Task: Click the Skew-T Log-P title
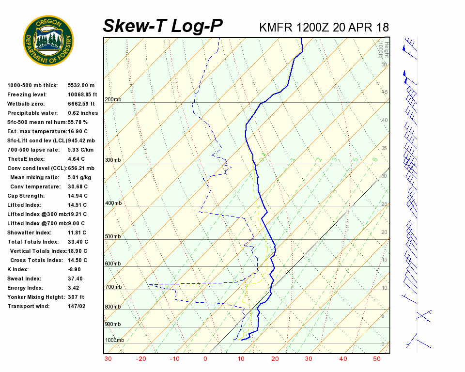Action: click(163, 26)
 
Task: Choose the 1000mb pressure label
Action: click(114, 340)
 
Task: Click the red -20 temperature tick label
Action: click(141, 359)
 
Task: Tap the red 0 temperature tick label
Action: click(205, 359)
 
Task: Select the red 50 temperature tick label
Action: click(376, 359)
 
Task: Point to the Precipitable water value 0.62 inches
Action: click(83, 113)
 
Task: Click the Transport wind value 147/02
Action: click(77, 306)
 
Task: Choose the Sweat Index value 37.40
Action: click(75, 279)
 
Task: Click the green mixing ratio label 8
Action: click(375, 159)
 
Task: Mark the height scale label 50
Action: click(384, 64)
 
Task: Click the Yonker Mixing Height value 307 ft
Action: click(76, 297)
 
